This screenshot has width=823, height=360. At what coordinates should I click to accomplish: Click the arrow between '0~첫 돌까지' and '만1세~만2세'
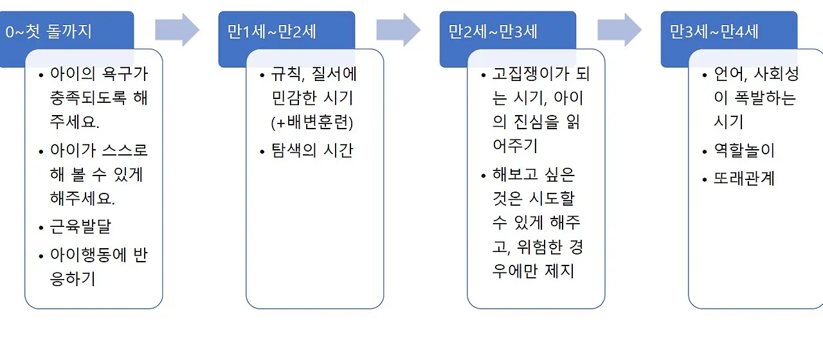177,30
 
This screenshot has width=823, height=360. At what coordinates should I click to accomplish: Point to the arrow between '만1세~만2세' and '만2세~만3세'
399,30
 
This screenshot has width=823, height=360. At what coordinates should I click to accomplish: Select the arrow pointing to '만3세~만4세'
620,30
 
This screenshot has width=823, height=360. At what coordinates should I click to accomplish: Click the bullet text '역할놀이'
745,151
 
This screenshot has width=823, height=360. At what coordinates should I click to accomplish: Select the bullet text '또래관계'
745,179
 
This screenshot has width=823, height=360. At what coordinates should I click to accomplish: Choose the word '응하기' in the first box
73,280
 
